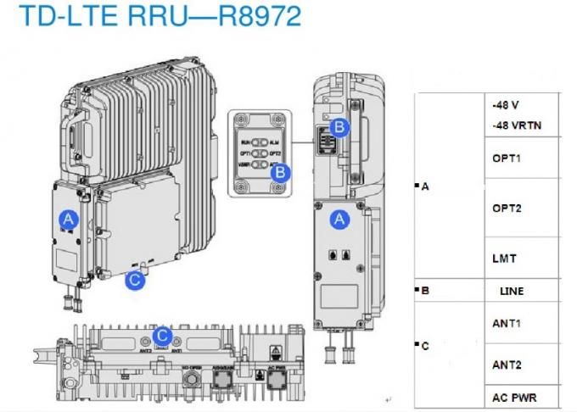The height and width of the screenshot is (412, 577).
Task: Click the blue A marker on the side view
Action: (339, 219)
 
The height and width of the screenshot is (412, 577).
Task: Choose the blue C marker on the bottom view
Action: (164, 335)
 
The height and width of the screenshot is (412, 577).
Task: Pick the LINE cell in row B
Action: (512, 291)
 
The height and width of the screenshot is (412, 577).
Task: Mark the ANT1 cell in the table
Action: (506, 323)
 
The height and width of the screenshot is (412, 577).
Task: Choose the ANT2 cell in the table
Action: (506, 365)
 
